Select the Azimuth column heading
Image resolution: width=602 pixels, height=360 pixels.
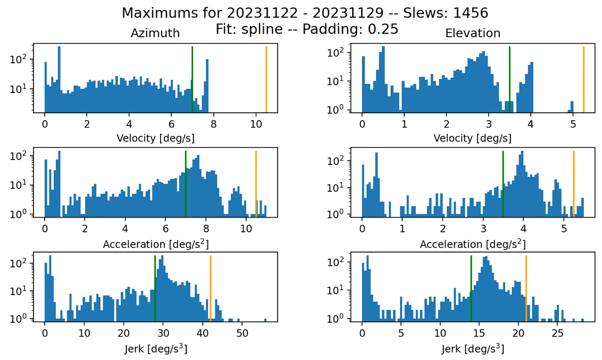(x=155, y=33)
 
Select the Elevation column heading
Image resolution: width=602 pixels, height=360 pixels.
(x=473, y=33)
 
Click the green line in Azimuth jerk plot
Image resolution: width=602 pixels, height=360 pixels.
(x=155, y=287)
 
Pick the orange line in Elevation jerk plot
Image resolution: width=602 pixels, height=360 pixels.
(x=526, y=287)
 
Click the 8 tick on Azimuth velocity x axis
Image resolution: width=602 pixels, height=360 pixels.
(x=214, y=123)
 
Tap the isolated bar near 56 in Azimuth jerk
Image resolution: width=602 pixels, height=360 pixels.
(x=266, y=320)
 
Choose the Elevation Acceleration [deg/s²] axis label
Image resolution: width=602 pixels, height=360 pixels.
(x=473, y=245)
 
